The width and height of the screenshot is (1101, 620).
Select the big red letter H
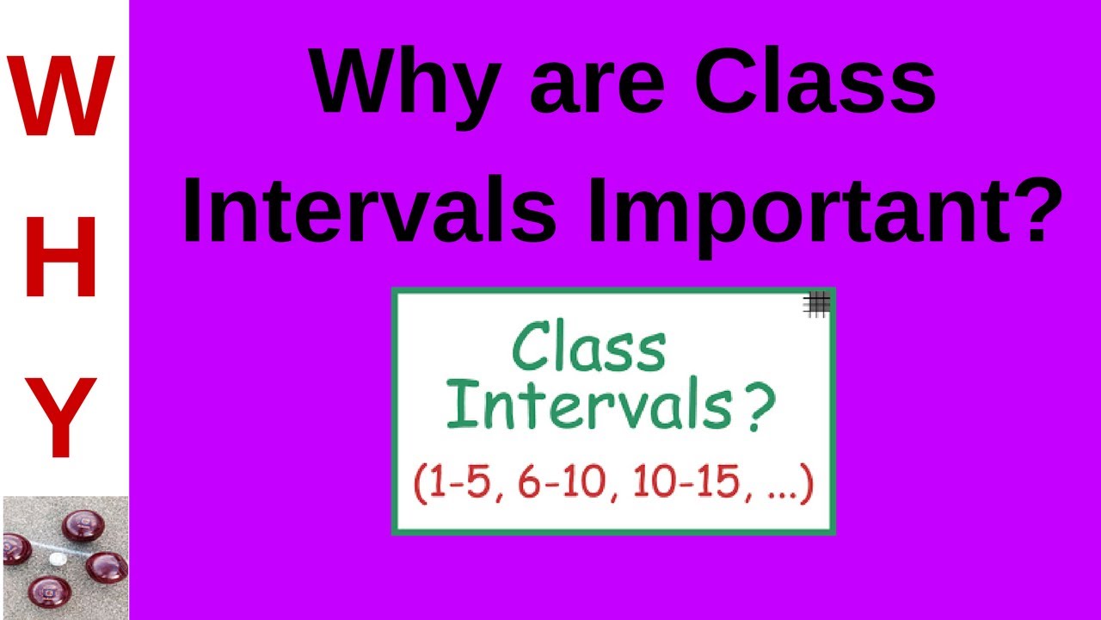[61, 257]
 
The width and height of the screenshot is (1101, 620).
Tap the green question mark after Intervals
[754, 408]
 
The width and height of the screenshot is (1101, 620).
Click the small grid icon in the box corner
[816, 303]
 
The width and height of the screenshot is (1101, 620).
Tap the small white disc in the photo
[57, 559]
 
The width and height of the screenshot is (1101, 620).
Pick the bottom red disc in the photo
[49, 593]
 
